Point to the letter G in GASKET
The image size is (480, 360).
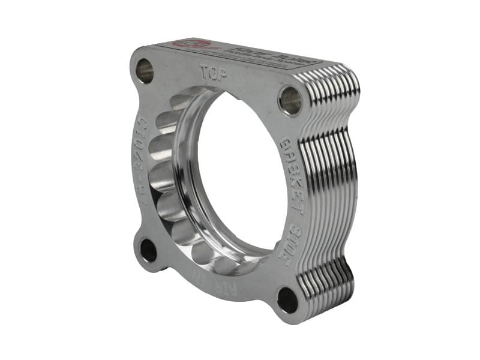coord(287,146)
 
